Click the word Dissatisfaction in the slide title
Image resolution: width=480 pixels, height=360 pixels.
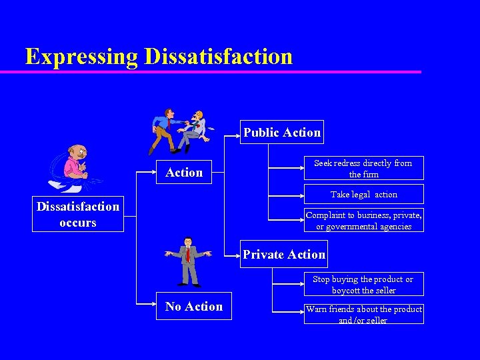(x=218, y=56)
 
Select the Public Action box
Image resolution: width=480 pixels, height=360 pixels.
(x=282, y=133)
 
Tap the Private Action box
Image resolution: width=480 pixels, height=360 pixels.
(x=284, y=255)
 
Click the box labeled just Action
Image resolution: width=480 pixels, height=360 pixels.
(x=184, y=173)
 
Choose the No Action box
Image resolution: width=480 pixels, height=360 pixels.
(x=194, y=307)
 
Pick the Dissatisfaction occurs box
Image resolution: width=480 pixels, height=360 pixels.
(x=78, y=215)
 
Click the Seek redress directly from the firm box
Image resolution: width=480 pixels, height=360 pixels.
(x=363, y=169)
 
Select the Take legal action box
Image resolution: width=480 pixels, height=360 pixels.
(x=363, y=195)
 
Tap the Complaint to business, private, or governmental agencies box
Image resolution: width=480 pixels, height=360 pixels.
(x=363, y=221)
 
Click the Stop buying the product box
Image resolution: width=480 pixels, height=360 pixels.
(x=363, y=285)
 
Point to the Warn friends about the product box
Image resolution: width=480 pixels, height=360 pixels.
(x=363, y=314)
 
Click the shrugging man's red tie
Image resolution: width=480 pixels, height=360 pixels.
(x=188, y=254)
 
